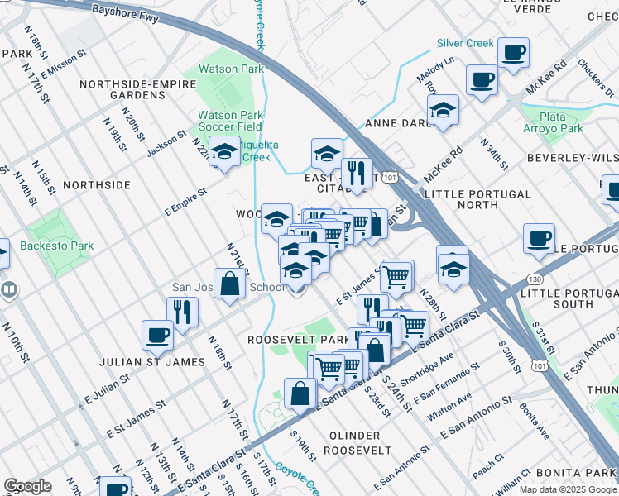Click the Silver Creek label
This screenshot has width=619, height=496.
pyautogui.click(x=465, y=43)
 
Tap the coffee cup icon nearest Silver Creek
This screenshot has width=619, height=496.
pyautogui.click(x=513, y=54)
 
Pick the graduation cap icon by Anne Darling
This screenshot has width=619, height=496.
pyautogui.click(x=444, y=112)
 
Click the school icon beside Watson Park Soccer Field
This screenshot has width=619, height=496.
pyautogui.click(x=223, y=151)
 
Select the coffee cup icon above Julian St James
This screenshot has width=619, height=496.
pyautogui.click(x=156, y=335)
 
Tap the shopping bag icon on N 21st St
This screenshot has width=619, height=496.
pyautogui.click(x=230, y=283)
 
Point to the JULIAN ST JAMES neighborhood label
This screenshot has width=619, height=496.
pyautogui.click(x=151, y=362)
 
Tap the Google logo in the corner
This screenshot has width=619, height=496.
pyautogui.click(x=27, y=486)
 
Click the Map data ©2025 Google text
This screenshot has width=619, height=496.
pyautogui.click(x=568, y=489)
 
